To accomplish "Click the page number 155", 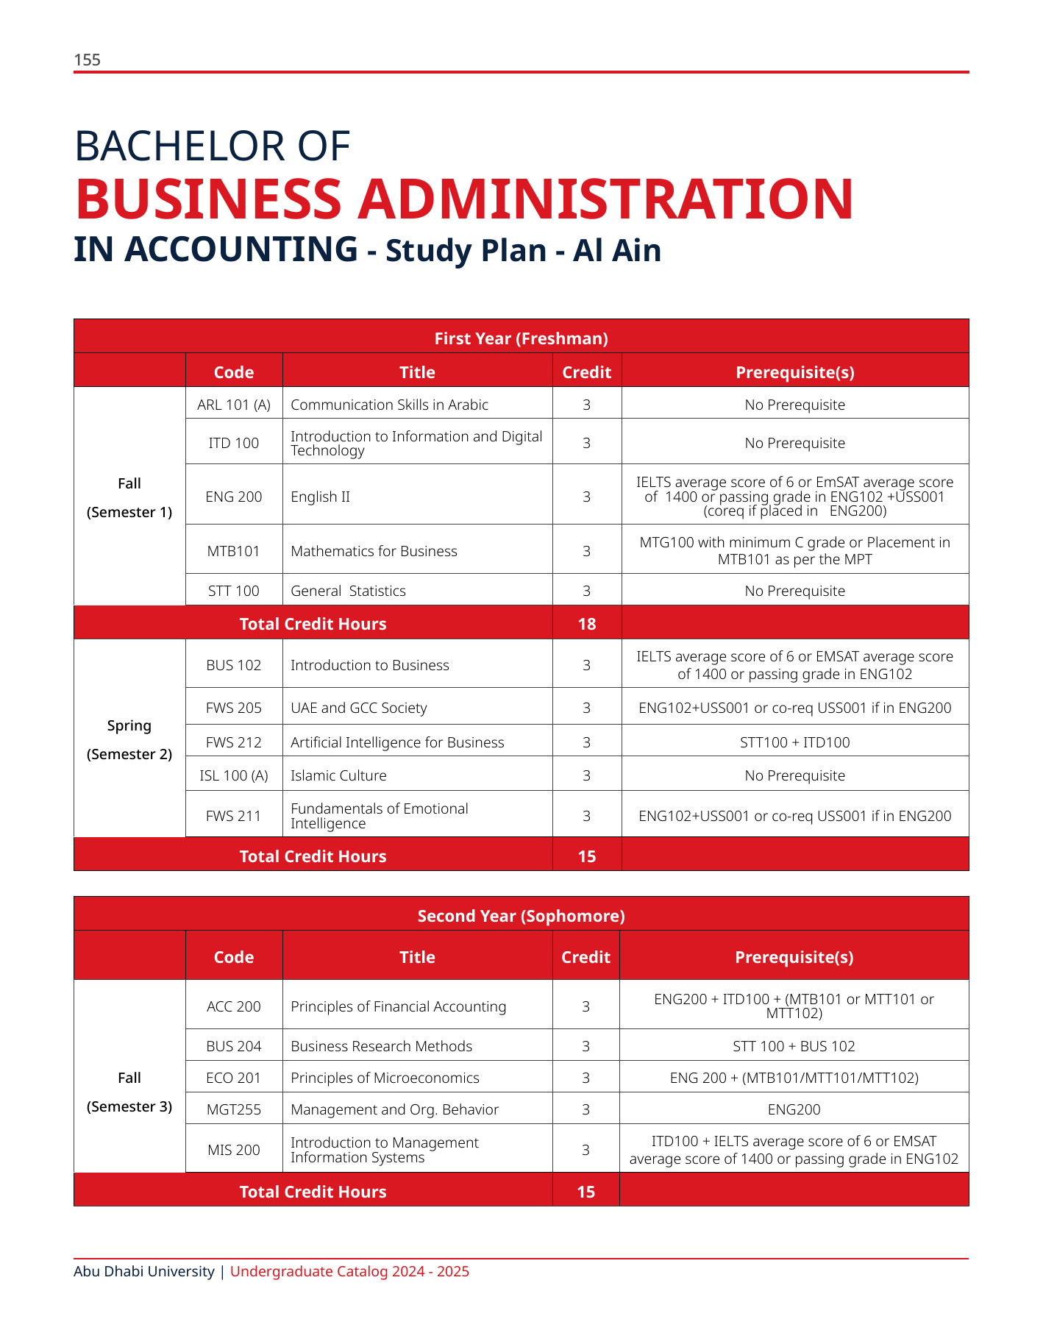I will click(x=87, y=60).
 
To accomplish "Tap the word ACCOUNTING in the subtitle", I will click(x=216, y=249).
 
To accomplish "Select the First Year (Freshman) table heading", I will click(x=521, y=338).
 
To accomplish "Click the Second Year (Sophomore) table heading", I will click(x=521, y=916).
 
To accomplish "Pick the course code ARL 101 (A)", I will click(x=234, y=405).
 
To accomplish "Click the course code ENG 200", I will click(x=234, y=497).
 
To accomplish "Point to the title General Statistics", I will click(x=348, y=591).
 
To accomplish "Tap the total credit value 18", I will click(x=586, y=624).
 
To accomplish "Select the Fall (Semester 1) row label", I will click(x=129, y=497).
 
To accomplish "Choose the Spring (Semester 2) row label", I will click(x=129, y=739).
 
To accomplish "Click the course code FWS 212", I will click(x=234, y=742).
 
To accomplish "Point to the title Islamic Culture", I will click(x=338, y=775).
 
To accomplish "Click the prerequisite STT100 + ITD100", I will click(x=794, y=742).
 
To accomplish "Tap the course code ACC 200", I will click(x=234, y=1006).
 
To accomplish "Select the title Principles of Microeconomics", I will click(x=385, y=1078).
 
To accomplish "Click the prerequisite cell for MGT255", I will click(x=794, y=1109).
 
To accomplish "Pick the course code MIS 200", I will click(x=234, y=1150).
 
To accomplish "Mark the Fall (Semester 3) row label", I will click(x=129, y=1092).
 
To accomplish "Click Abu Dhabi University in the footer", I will click(x=144, y=1271).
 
